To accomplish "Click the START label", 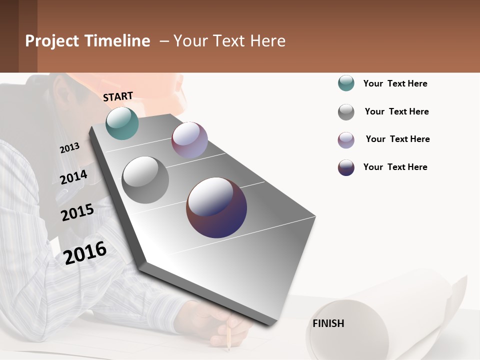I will (118, 96).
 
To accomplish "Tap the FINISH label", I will (328, 323).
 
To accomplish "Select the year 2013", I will (69, 147).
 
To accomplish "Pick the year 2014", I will (73, 177).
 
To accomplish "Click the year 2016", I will (85, 252).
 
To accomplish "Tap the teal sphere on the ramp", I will (122, 123).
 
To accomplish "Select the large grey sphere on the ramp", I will (145, 180).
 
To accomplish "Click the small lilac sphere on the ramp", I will (189, 140).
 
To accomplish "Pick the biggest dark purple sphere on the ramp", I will (216, 207).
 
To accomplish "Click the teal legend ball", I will (346, 83).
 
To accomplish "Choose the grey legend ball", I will (346, 112).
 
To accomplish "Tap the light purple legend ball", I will (346, 140).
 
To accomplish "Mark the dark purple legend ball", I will (346, 167).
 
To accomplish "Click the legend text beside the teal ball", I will (395, 83).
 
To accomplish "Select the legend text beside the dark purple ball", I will (395, 167).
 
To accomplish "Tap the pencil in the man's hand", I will (228, 335).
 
